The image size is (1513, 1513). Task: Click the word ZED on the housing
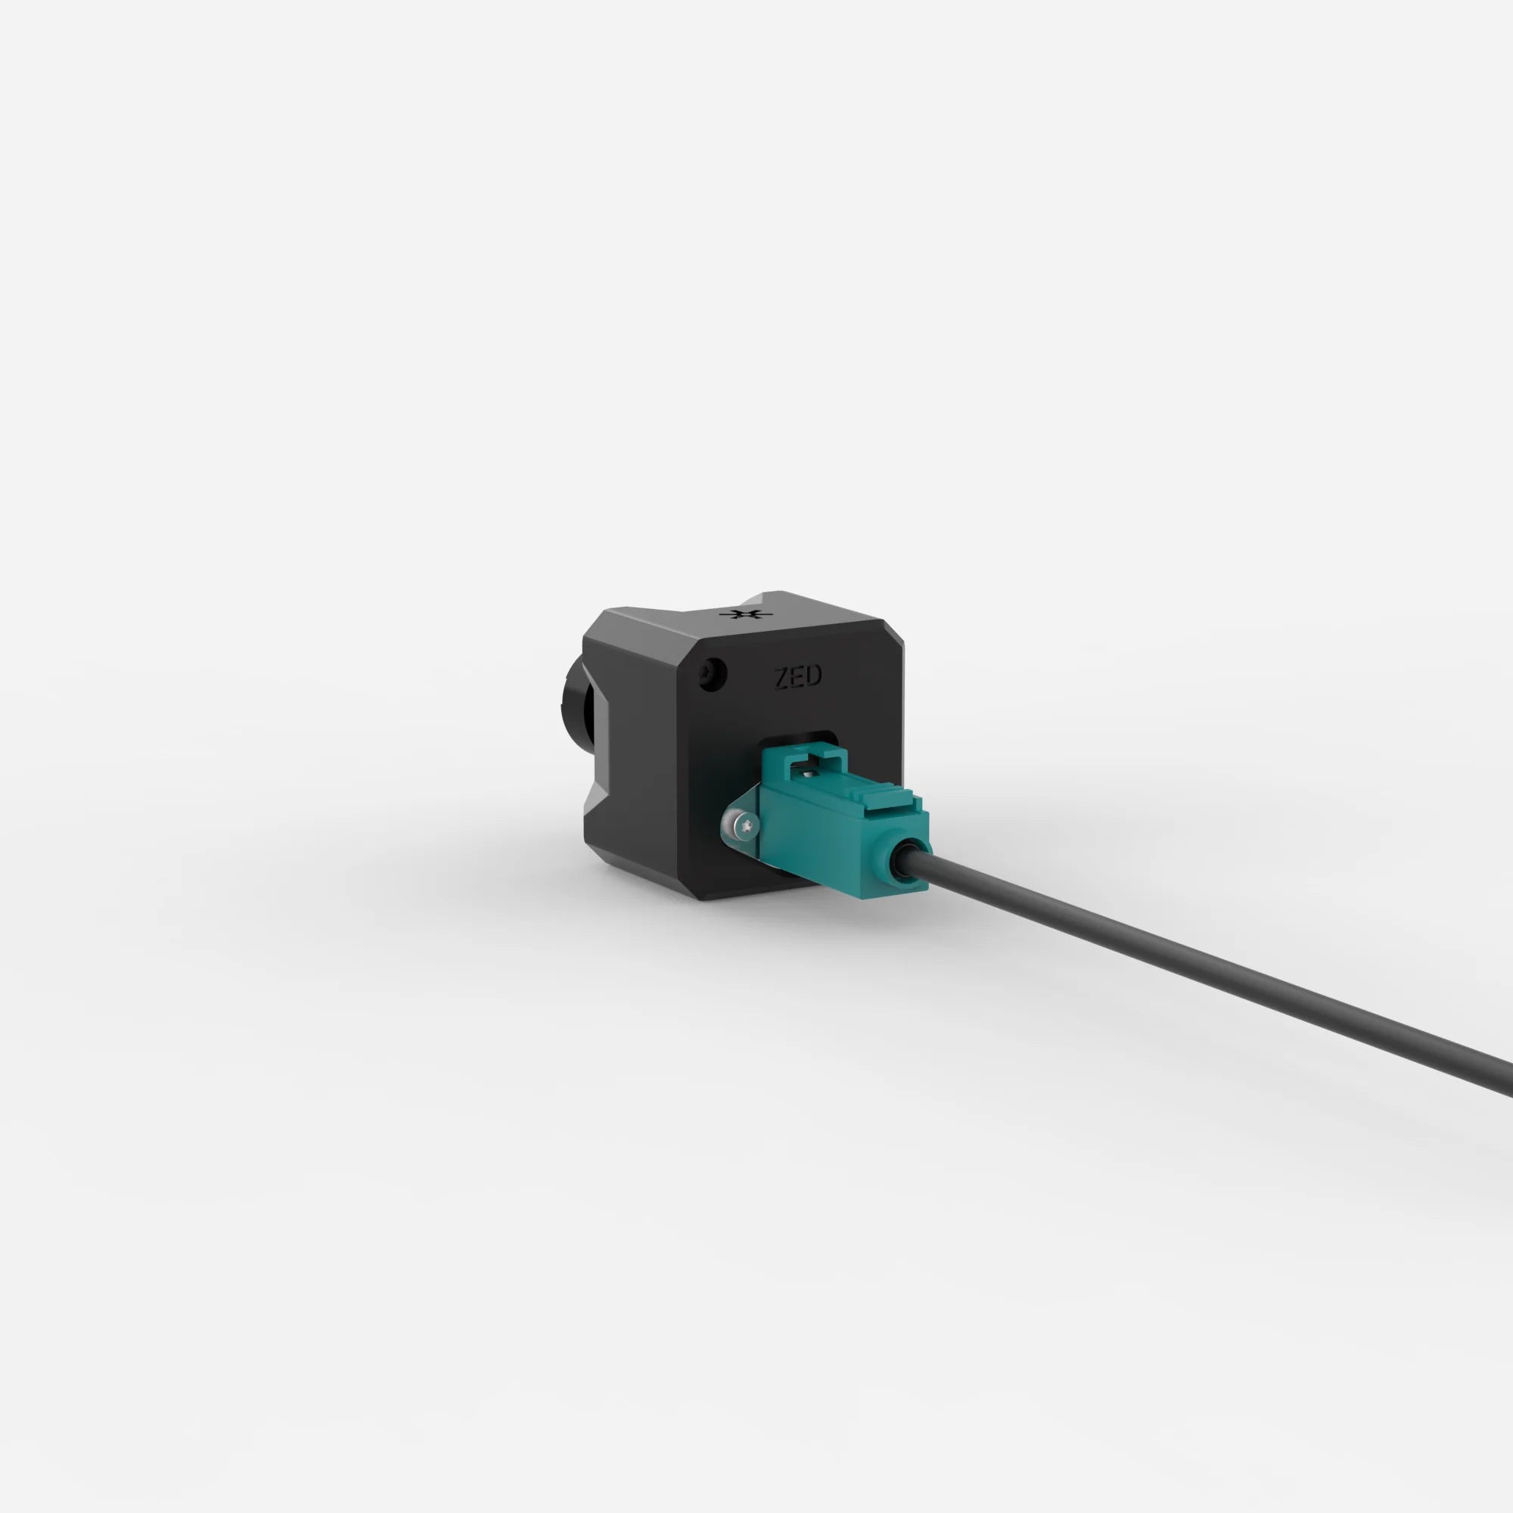pos(797,677)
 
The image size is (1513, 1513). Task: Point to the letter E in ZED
pos(797,677)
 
